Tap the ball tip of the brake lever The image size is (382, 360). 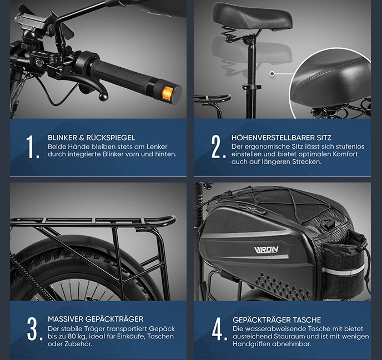(x=103, y=97)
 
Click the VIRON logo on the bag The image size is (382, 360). (x=266, y=250)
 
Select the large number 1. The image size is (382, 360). (x=32, y=147)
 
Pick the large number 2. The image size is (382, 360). (x=218, y=147)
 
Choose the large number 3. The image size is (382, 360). (x=34, y=329)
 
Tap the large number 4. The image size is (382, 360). (x=219, y=329)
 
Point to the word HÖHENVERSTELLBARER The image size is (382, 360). (x=273, y=138)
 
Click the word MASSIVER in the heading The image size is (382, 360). (x=66, y=319)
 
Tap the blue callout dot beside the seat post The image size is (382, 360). (x=272, y=74)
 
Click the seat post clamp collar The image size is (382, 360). (x=252, y=87)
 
